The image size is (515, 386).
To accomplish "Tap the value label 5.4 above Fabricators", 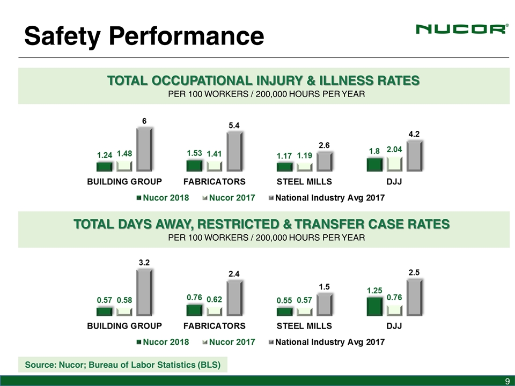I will [234, 125].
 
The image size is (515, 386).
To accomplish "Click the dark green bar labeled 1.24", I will [105, 167].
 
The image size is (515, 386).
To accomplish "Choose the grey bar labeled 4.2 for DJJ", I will [415, 155].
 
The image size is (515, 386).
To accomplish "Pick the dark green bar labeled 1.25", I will [374, 306].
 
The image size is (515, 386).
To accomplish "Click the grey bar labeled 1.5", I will [325, 304].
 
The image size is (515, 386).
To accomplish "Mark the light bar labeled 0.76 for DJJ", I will [394, 310].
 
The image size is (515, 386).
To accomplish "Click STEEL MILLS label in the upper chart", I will [304, 181].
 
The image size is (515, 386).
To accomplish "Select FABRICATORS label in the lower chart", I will [215, 325].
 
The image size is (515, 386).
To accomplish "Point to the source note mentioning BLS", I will [123, 366].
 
